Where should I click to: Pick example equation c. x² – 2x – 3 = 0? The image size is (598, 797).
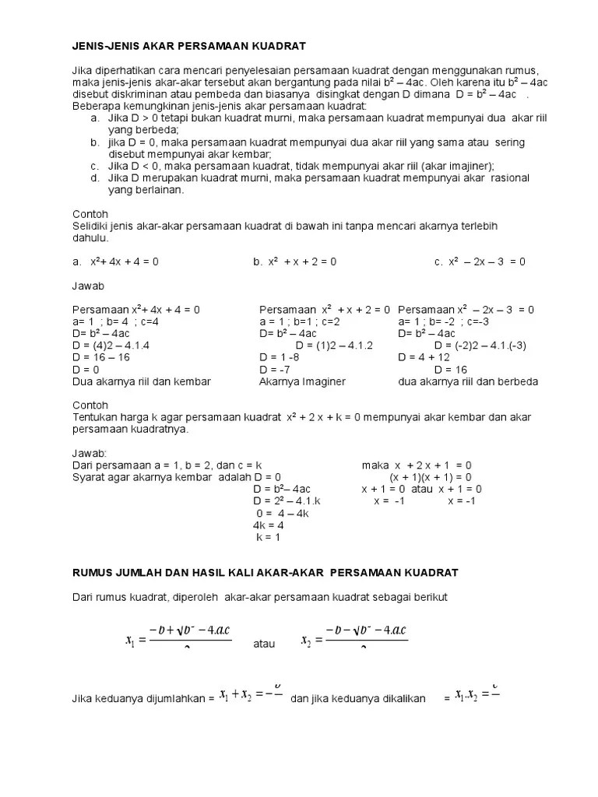point(480,262)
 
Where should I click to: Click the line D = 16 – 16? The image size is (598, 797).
point(101,357)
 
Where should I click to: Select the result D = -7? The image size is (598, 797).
point(275,370)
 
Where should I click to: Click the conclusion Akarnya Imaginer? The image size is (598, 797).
point(302,381)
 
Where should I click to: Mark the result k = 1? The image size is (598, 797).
point(268,537)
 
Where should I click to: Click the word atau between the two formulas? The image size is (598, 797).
point(266,644)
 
